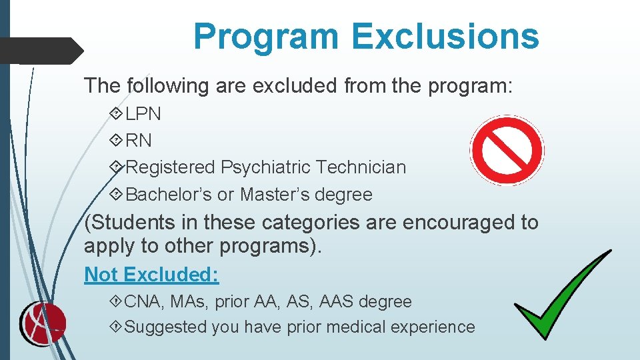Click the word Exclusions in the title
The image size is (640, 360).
click(x=445, y=36)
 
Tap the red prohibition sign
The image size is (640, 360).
click(x=507, y=151)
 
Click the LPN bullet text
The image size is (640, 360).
click(x=143, y=114)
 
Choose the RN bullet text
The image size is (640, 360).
click(x=139, y=141)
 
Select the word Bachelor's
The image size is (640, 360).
click(x=169, y=195)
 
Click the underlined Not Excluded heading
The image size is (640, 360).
click(x=151, y=275)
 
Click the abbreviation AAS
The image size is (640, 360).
click(x=337, y=301)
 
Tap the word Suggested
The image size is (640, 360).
click(x=165, y=327)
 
